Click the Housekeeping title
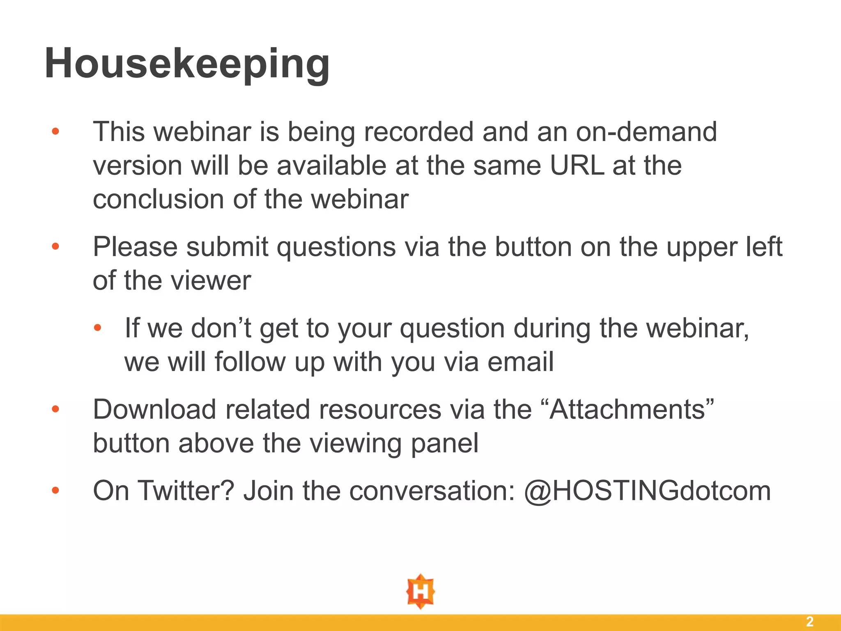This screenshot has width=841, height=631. coord(187,64)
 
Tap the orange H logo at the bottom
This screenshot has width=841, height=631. coord(420,591)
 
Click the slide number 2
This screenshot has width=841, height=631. coord(809,622)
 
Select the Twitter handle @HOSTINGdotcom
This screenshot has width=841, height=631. coord(648,491)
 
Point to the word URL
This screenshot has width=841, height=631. coord(577,166)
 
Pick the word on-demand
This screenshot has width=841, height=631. coord(646,132)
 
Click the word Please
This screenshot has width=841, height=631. coord(135,247)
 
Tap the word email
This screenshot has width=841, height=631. coord(520,362)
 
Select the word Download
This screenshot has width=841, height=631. coord(154,410)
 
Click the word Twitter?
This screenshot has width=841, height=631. coord(186,491)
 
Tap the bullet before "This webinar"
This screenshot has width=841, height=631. coord(55,132)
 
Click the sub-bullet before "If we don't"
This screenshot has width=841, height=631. coord(97,328)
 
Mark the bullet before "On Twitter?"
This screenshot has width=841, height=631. coord(55,491)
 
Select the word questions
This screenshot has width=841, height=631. coord(336,247)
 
